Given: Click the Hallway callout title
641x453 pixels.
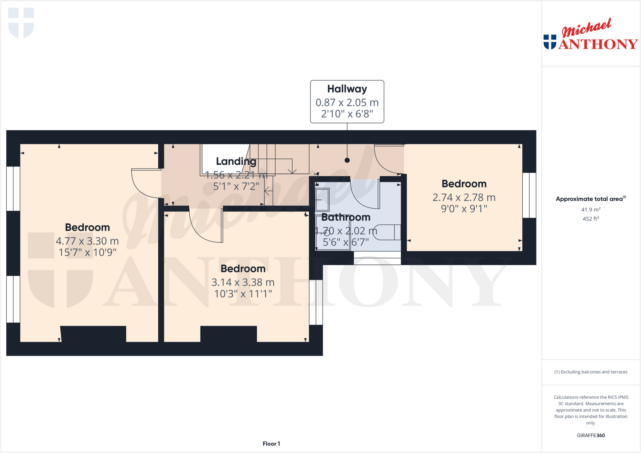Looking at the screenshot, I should point(347,89).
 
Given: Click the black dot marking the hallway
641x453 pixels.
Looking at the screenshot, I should point(347,160).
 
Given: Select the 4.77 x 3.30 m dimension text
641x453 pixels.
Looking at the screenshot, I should point(87,241).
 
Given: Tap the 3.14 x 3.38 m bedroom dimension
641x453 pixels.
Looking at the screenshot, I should point(243,282).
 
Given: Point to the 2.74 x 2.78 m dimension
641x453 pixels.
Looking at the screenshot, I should point(464,198).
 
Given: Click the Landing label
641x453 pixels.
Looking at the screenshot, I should point(236,161).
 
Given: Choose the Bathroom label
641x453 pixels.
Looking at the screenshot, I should point(346,217).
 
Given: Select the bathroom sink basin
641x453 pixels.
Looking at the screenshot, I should point(322,199).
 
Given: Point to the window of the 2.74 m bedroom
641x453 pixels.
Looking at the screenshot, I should point(529,195).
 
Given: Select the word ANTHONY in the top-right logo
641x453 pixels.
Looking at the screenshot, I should point(598,44).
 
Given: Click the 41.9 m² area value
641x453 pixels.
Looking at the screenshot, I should point(591,210).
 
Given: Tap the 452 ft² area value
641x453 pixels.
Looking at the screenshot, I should point(591,219).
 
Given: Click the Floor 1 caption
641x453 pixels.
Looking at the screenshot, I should point(271,444).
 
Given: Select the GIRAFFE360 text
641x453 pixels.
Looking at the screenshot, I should point(591,435).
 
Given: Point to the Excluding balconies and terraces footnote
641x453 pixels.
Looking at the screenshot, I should point(591,372).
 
